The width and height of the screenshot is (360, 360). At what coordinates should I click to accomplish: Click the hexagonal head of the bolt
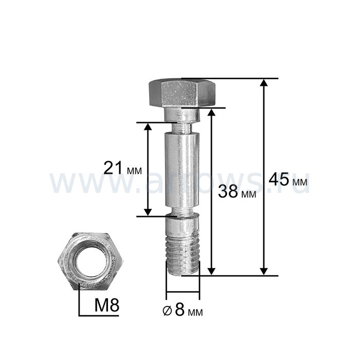(x=182, y=93)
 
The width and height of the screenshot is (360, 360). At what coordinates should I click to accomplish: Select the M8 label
(x=107, y=305)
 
